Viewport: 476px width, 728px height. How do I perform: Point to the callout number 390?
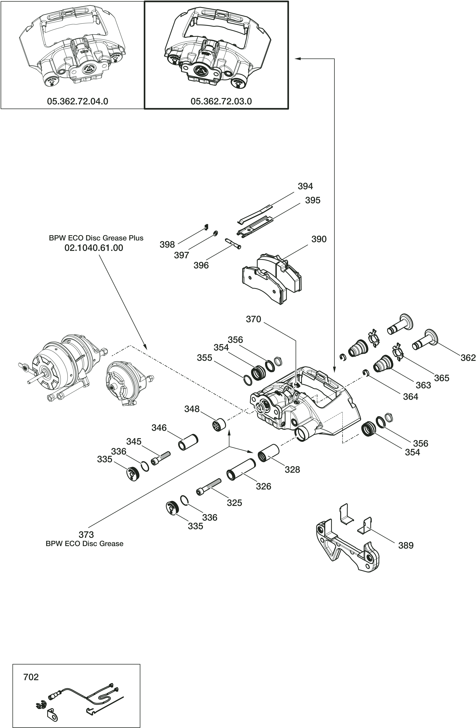tap(319, 239)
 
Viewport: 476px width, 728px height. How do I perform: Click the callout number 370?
tap(253, 319)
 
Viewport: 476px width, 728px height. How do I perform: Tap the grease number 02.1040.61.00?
tap(94, 248)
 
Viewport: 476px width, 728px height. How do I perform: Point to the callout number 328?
tap(292, 470)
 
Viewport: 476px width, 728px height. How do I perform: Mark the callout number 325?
tap(234, 503)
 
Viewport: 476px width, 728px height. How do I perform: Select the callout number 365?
tap(441, 378)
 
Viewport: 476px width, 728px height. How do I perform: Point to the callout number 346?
tap(159, 428)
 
